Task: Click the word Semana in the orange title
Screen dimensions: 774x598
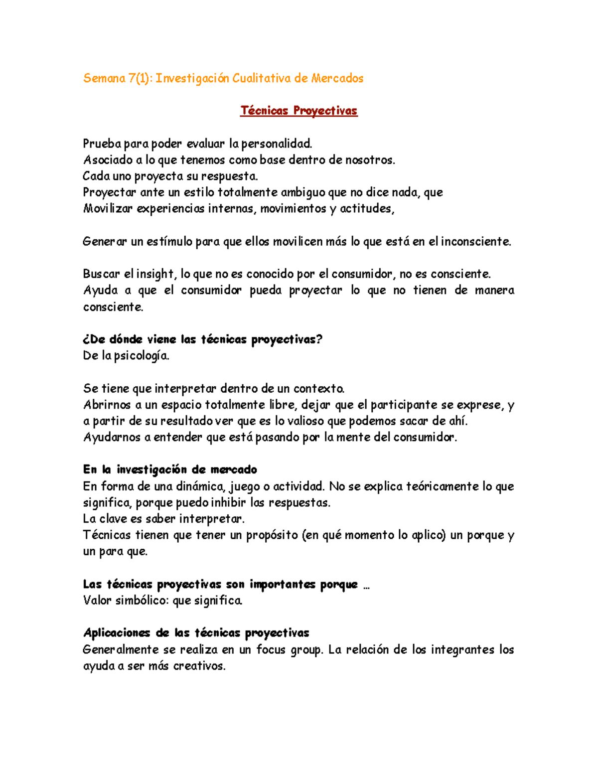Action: pos(104,78)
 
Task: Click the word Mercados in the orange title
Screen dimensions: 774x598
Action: pos(337,78)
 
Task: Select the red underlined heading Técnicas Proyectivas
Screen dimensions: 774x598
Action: pos(299,111)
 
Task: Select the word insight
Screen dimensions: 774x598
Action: pos(155,274)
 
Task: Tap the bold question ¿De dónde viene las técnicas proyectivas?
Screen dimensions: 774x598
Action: pos(202,340)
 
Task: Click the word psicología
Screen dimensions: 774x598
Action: pos(142,356)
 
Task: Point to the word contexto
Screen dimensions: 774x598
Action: pos(318,389)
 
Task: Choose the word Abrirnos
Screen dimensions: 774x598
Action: pos(107,405)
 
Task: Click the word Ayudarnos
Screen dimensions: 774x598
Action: pos(112,438)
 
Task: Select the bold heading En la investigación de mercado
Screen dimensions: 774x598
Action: pos(170,469)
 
